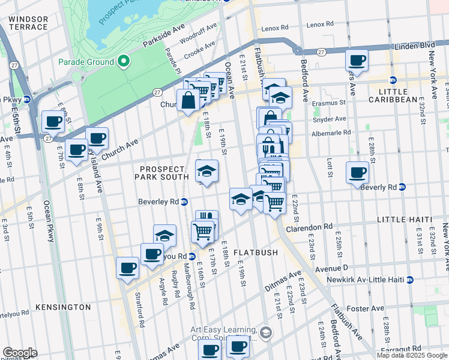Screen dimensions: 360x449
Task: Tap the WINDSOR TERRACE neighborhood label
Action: [x=28, y=23]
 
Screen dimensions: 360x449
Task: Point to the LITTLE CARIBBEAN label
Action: [x=393, y=100]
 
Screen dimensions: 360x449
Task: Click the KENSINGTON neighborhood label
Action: [x=63, y=307]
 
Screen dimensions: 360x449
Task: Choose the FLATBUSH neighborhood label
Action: [x=256, y=253]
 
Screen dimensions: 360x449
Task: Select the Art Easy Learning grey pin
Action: [x=266, y=332]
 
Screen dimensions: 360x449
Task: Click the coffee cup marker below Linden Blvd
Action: [x=357, y=61]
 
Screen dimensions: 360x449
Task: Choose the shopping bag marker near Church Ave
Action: [x=188, y=100]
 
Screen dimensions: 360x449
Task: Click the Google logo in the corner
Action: [x=20, y=353]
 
